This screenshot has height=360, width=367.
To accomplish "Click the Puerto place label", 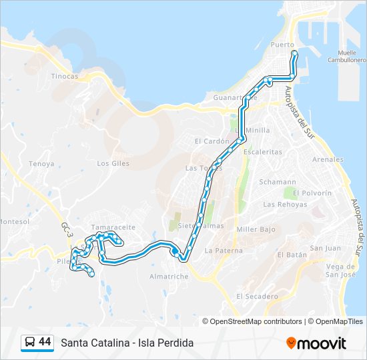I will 282,45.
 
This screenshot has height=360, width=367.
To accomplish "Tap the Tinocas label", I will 65,76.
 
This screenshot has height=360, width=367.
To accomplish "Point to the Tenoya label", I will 41,163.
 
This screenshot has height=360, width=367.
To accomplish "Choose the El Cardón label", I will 212,141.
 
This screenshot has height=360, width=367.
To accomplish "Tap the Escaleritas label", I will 263,152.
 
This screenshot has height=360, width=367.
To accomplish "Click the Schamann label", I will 278,181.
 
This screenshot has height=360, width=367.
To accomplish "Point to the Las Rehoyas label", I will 284,204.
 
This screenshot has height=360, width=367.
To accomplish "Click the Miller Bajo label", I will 256,229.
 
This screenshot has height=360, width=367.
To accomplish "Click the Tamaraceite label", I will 113,227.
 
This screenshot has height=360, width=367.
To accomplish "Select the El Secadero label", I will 257,296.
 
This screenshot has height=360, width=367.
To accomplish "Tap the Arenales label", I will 328,160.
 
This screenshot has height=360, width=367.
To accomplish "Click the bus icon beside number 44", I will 29,343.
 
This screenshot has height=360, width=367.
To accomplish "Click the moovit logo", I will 316,343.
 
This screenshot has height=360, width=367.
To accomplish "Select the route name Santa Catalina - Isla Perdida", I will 127,343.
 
